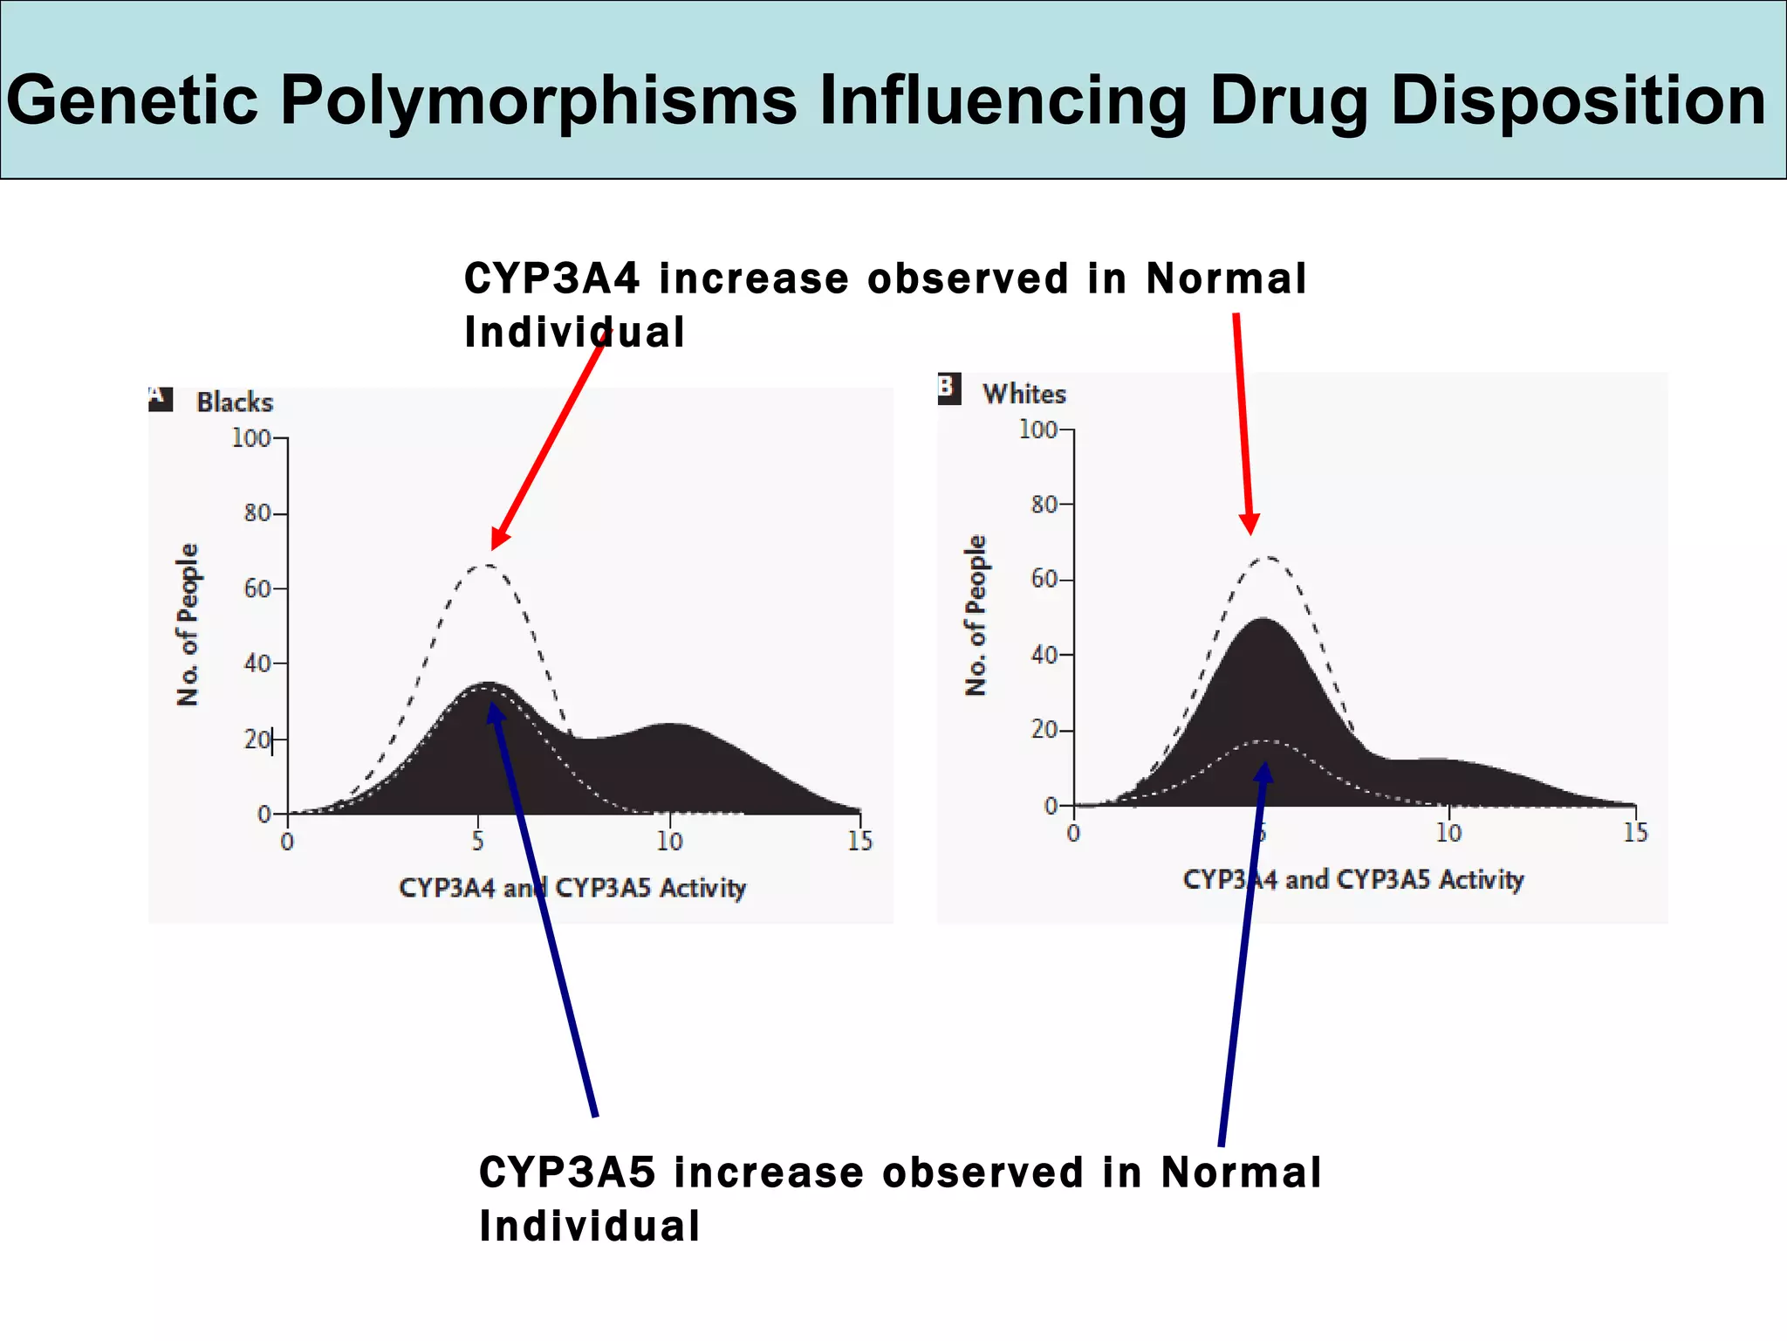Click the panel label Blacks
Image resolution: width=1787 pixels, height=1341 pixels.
pos(235,402)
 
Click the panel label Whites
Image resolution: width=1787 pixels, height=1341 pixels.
pos(1024,394)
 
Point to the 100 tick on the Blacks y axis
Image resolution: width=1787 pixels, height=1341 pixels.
pos(251,438)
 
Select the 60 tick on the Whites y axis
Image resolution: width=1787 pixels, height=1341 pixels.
pos(1045,580)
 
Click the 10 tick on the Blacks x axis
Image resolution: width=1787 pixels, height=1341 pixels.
pos(669,841)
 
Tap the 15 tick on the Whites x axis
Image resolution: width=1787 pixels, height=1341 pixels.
pos(1635,833)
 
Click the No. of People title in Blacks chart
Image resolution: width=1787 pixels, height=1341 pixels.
pos(188,624)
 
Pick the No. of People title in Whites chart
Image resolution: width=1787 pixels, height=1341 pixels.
pos(976,615)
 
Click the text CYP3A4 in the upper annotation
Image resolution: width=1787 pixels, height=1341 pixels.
pos(552,279)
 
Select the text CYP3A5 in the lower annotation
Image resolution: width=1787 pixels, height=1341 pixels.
pos(567,1173)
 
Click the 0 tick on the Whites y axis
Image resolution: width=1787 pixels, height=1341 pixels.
pos(1051,806)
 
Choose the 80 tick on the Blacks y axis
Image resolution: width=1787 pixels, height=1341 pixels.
pos(257,513)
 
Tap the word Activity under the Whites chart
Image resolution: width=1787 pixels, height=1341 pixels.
pos(1481,879)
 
